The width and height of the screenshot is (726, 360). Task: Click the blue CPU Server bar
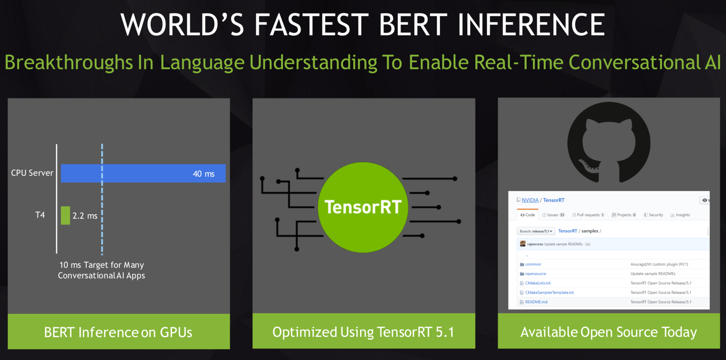(143, 173)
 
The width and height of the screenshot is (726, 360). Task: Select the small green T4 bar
(65, 215)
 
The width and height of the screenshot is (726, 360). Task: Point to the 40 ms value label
(204, 174)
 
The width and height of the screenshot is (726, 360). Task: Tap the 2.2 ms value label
(85, 216)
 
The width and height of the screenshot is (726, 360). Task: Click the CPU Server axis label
(32, 173)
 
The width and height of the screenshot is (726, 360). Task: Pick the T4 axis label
(40, 215)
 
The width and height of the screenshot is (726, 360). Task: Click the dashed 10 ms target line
(102, 199)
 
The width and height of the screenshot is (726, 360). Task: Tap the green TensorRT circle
(363, 207)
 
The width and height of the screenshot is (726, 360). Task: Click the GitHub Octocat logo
(609, 142)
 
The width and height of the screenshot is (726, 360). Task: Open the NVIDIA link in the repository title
(530, 200)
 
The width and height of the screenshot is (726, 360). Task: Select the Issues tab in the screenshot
(554, 215)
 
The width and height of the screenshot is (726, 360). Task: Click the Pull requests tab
(588, 215)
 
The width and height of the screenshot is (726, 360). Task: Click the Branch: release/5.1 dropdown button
(536, 231)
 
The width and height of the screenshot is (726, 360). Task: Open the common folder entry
(533, 264)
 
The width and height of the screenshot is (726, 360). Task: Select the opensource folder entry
(535, 274)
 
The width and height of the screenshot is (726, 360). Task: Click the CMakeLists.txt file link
(538, 283)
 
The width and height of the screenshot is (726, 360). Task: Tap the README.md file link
(536, 302)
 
